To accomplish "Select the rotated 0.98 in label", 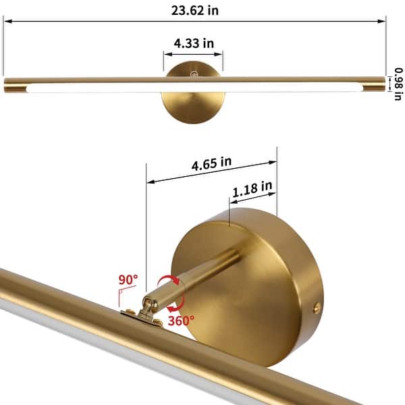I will click(398, 85).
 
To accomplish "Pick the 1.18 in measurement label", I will click(252, 190).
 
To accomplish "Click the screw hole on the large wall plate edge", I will click(316, 307).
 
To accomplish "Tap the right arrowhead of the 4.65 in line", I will click(274, 161).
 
